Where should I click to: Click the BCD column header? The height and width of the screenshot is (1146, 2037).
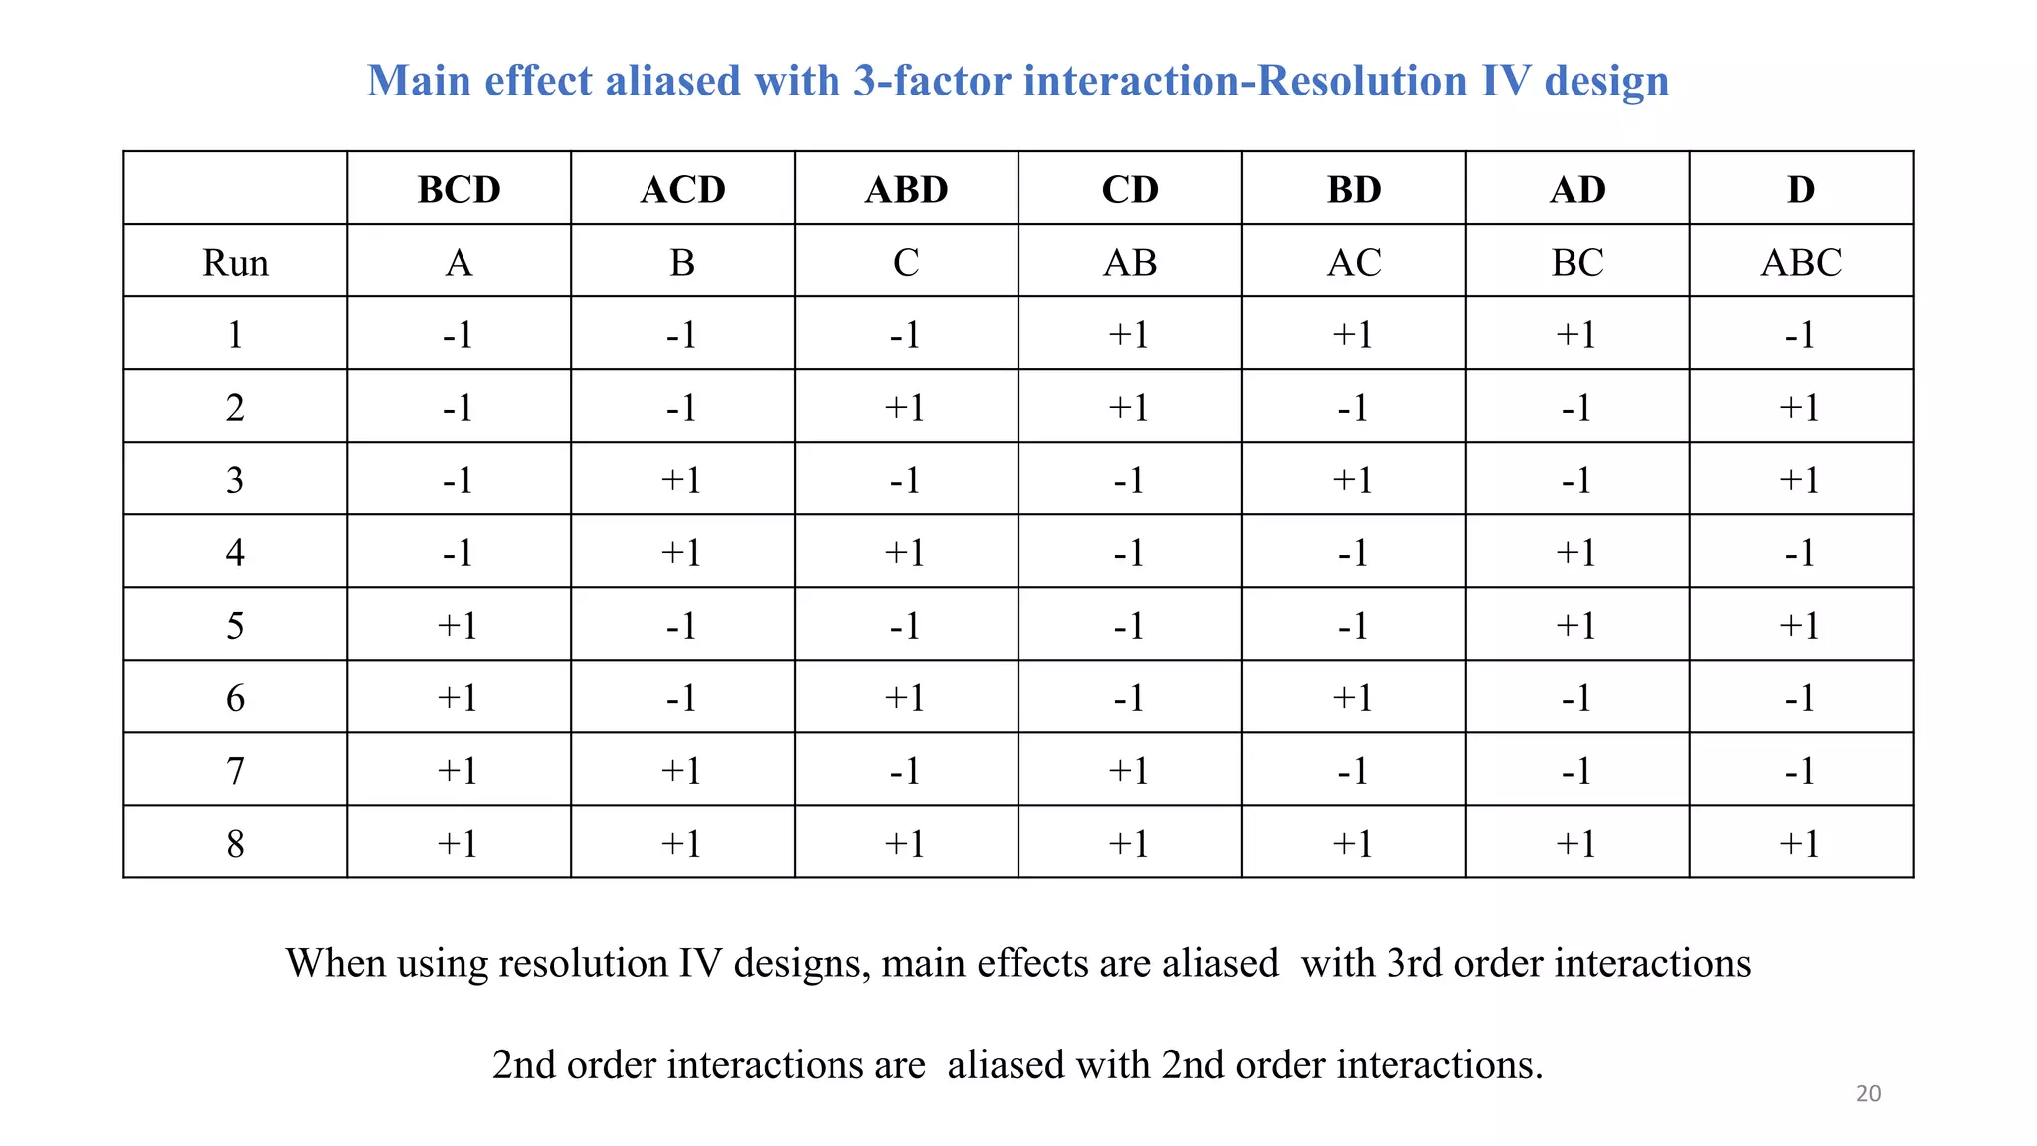(459, 189)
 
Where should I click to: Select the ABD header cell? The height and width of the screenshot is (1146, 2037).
(906, 189)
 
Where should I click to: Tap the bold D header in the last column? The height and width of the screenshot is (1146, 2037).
(1800, 189)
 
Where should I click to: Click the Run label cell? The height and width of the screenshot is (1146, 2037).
(235, 263)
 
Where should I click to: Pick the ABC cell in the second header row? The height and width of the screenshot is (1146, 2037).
(1800, 263)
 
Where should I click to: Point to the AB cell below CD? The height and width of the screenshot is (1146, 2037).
(1130, 263)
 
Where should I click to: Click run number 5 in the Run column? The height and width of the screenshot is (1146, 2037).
(235, 626)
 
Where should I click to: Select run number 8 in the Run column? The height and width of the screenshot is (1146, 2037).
(235, 844)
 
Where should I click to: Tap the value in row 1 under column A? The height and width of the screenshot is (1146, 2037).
(459, 335)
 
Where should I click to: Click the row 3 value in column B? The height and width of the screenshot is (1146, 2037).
(682, 480)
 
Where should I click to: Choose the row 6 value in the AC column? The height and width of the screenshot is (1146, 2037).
(1353, 698)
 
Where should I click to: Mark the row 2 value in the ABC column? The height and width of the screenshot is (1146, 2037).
(1800, 408)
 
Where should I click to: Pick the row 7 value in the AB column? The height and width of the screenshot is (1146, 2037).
(1130, 771)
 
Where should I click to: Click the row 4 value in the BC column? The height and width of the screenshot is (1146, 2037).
(1576, 553)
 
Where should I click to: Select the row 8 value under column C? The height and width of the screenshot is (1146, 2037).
(906, 844)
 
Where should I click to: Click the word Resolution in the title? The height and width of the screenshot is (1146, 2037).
(1362, 81)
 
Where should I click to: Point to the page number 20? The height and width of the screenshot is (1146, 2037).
(1868, 1094)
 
